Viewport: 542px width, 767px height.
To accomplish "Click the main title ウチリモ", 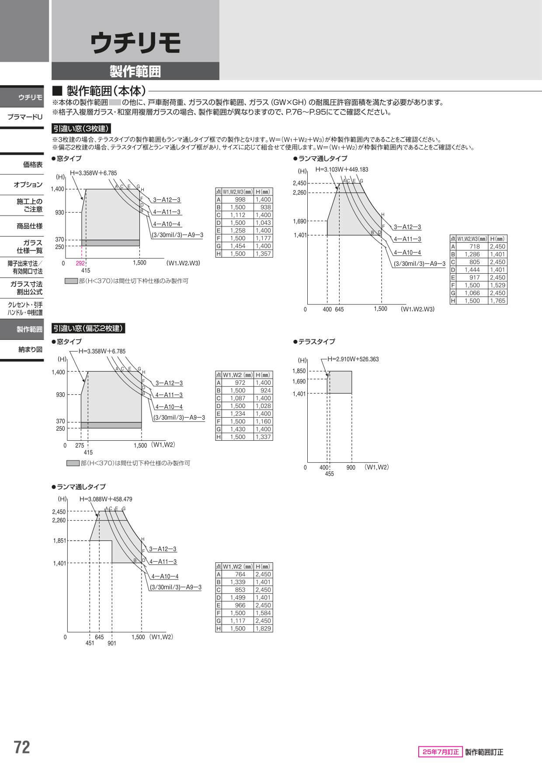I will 135,44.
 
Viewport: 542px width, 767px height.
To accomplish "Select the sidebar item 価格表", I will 33,165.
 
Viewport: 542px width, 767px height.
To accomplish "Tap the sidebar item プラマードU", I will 25,117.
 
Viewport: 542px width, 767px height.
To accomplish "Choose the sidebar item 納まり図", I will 31,349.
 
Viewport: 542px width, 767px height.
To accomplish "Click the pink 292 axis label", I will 80,263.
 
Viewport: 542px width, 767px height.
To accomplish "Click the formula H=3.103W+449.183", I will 342,170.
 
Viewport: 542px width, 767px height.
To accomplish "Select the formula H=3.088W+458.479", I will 106,499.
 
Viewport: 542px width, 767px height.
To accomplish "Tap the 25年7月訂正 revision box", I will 440,752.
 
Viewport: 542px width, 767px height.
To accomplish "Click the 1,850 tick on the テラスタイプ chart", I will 299,371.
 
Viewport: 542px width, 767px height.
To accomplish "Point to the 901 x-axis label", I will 112,644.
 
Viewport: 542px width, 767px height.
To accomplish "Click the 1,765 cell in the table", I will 497,301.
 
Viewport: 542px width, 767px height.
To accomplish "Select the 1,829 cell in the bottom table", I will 263,628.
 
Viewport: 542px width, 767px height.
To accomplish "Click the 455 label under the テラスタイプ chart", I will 330,474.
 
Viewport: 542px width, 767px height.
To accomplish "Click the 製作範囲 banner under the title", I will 135,71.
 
